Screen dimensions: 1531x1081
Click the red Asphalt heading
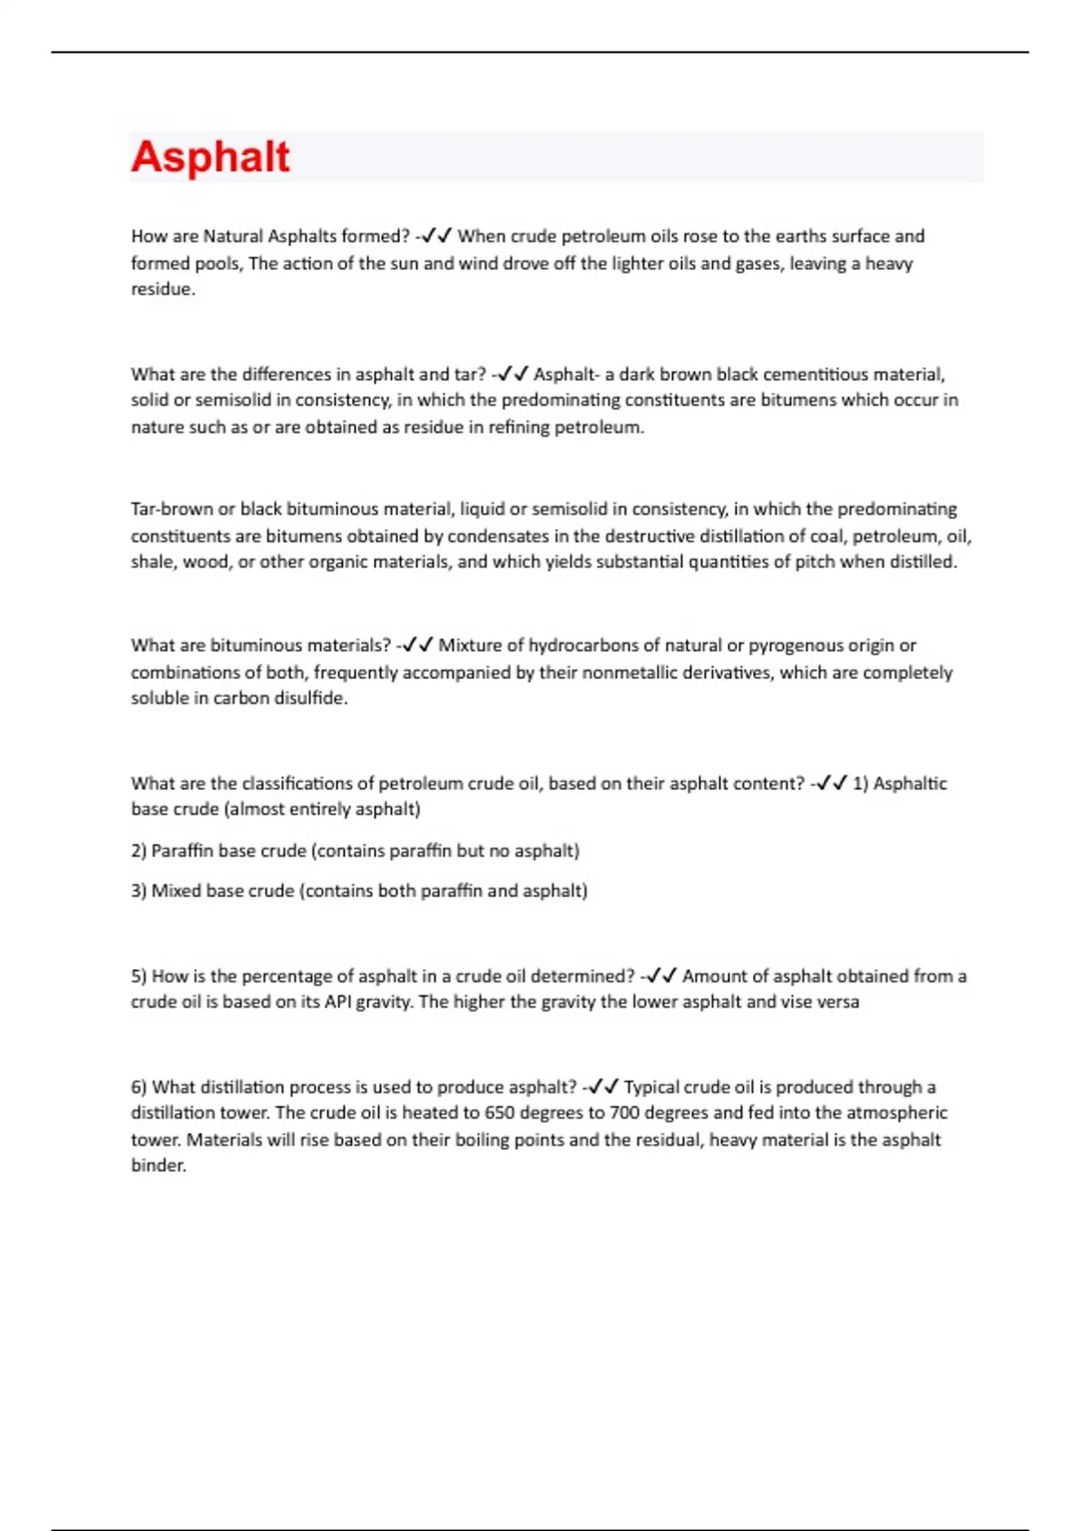click(x=211, y=157)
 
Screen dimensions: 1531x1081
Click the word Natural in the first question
click(x=233, y=236)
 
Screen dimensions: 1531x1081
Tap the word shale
click(x=152, y=562)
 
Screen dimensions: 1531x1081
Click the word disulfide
click(x=305, y=698)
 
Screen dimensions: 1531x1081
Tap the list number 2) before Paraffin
click(x=139, y=850)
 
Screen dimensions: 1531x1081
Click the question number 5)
click(x=139, y=975)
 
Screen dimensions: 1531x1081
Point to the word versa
click(x=837, y=1001)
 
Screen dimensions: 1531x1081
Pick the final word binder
click(x=158, y=1165)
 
